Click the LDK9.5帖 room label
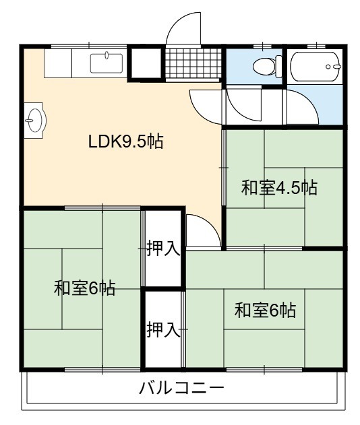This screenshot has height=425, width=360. [x=125, y=141]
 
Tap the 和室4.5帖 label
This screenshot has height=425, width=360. [x=279, y=187]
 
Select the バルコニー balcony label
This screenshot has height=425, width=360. [x=181, y=388]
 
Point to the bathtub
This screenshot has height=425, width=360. [x=316, y=67]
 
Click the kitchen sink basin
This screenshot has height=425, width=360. [x=107, y=63]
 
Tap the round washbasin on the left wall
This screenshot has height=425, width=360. [x=35, y=121]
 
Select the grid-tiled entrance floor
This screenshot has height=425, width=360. [x=193, y=63]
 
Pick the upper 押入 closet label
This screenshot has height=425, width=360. [x=163, y=249]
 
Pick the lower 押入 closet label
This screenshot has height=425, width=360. [x=163, y=329]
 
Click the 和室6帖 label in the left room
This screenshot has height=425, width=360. [x=85, y=288]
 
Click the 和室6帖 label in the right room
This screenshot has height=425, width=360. [x=265, y=310]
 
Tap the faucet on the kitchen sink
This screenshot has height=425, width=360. [x=107, y=55]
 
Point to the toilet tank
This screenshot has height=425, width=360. [x=279, y=66]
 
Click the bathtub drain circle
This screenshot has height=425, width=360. [x=328, y=67]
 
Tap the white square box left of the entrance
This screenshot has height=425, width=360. [x=146, y=64]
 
